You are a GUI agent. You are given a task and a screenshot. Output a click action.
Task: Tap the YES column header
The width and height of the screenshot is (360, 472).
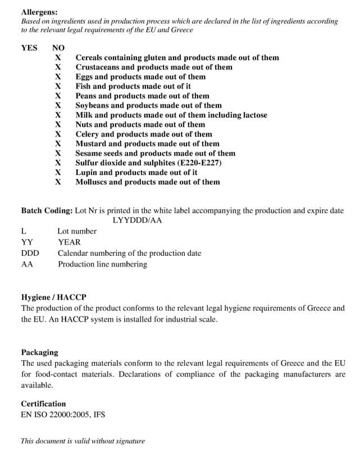click(29, 48)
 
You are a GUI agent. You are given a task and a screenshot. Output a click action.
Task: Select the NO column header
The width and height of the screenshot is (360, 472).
click(58, 48)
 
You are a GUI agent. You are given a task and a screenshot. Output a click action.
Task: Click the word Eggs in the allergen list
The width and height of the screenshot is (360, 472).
click(84, 76)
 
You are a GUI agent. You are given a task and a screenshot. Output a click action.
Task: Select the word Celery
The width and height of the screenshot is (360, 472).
click(87, 134)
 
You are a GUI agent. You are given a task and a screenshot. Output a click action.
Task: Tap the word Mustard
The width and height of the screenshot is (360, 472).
click(91, 144)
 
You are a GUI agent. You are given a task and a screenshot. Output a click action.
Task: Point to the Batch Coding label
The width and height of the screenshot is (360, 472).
click(47, 210)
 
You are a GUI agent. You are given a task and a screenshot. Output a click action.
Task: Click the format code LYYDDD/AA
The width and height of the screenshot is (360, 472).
click(137, 220)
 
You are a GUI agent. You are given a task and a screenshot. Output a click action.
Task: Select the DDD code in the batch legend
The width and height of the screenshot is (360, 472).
click(29, 253)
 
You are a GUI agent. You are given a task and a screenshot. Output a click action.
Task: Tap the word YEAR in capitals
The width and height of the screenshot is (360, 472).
click(69, 242)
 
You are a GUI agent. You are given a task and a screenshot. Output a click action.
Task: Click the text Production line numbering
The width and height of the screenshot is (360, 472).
click(102, 264)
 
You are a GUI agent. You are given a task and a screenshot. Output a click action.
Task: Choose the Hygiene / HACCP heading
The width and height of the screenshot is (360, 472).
click(53, 297)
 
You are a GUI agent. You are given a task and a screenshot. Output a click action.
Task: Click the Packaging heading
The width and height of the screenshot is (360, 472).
click(39, 352)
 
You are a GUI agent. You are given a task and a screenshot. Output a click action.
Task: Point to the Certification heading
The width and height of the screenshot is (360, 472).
click(43, 404)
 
